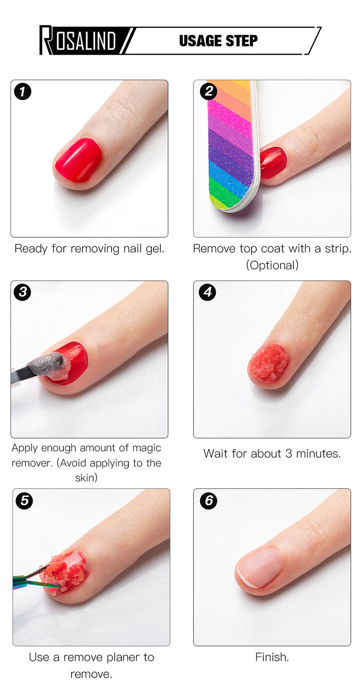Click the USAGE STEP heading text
pyautogui.click(x=218, y=41)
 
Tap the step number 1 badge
pyautogui.click(x=23, y=92)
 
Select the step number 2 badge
pyautogui.click(x=208, y=91)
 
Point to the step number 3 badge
pyautogui.click(x=23, y=292)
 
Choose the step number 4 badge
pyautogui.click(x=207, y=292)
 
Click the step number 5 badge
pyautogui.click(x=24, y=500)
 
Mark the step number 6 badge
pyautogui.click(x=208, y=500)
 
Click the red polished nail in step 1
pyautogui.click(x=78, y=160)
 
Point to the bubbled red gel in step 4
pyautogui.click(x=268, y=363)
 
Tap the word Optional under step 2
pyautogui.click(x=272, y=265)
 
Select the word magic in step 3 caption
pyautogui.click(x=147, y=448)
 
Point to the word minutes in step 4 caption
pyautogui.click(x=318, y=453)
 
